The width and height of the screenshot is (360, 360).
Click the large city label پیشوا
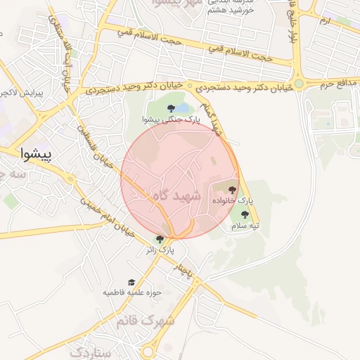pyautogui.click(x=34, y=151)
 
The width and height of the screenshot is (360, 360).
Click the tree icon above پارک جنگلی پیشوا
pyautogui.click(x=172, y=108)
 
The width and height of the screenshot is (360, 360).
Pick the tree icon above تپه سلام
pyautogui.click(x=245, y=214)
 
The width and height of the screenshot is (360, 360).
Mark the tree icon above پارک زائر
pyautogui.click(x=160, y=239)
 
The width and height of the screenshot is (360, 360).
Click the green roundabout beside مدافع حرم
pyautogui.click(x=299, y=84)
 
